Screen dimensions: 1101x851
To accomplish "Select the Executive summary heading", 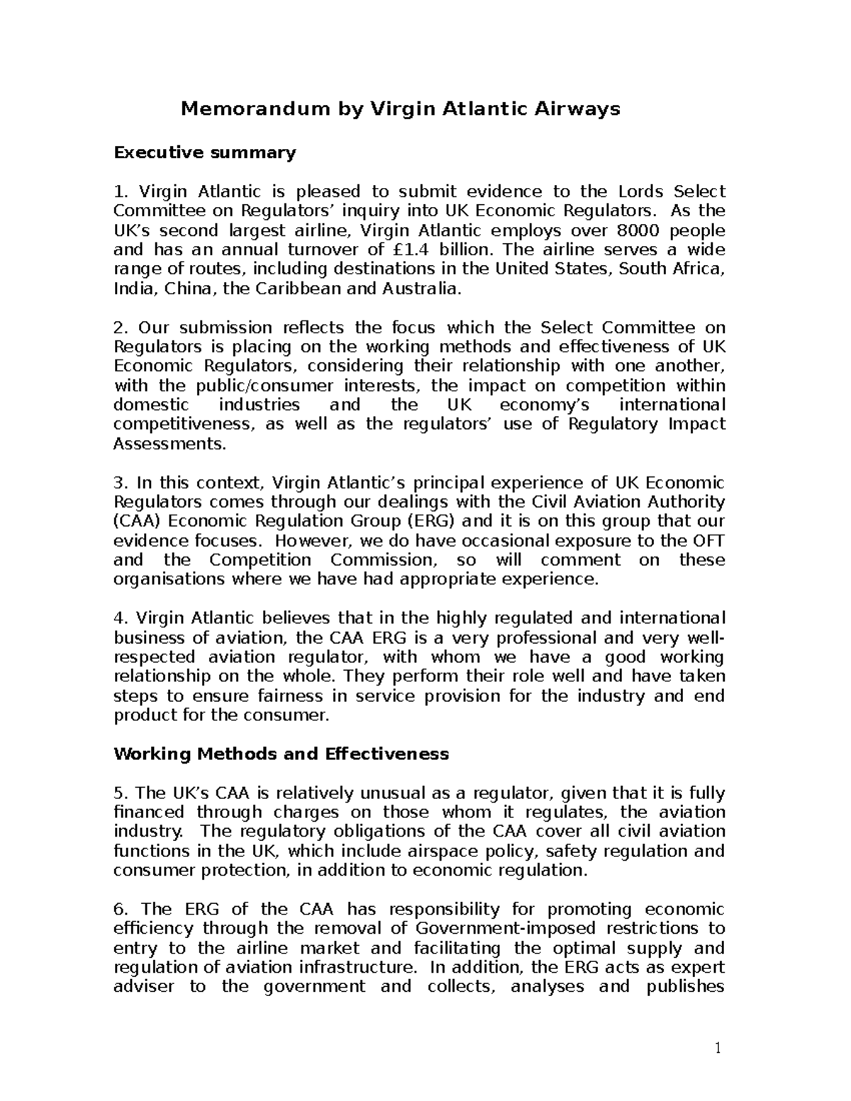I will pos(204,152).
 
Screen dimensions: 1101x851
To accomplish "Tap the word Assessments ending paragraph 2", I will pos(169,444).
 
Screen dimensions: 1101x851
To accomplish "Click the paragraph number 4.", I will pos(119,618).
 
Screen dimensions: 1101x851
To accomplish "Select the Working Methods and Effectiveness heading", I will pos(281,754).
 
